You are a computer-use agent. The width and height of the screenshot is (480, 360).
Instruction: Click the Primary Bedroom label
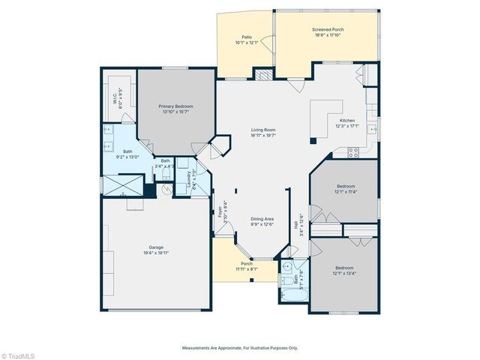click(175, 106)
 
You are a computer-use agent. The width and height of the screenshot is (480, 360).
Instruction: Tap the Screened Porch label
click(328, 30)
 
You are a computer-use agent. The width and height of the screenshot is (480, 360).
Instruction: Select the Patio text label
click(246, 36)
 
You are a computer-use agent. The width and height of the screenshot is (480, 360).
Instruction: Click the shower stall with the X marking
click(121, 185)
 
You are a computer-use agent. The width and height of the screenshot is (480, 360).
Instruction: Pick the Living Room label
click(263, 130)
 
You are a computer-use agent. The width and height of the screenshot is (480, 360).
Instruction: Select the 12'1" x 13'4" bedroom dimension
click(344, 274)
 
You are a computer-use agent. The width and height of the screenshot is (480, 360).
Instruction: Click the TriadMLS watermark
click(21, 353)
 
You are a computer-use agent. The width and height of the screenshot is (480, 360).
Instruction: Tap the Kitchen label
click(347, 121)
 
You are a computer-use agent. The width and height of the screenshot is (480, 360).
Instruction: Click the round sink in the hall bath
click(288, 266)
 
